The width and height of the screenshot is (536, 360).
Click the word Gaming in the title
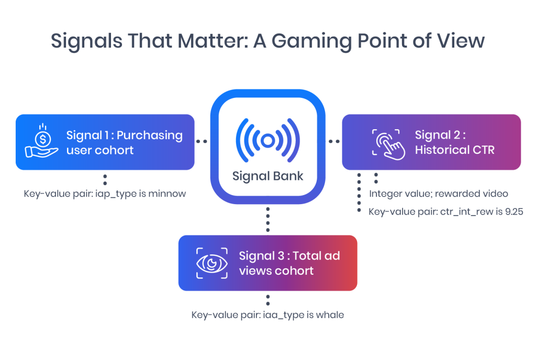point(311,42)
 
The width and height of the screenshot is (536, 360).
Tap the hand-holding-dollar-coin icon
point(42,140)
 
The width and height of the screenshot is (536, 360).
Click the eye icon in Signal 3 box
point(212,263)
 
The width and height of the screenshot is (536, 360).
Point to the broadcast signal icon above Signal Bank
point(267,140)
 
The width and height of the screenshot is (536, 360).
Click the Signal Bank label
point(267,176)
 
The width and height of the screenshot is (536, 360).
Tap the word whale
point(330,314)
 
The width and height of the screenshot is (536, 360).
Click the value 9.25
point(514,212)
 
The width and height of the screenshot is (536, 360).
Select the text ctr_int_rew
point(466,212)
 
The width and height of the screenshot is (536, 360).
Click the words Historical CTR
point(455,150)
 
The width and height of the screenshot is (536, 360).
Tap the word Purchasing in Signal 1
point(149,136)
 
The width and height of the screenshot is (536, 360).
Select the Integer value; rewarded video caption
point(439,194)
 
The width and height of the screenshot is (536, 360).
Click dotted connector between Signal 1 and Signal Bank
point(202,141)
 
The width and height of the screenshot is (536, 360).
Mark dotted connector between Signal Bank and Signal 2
point(334,141)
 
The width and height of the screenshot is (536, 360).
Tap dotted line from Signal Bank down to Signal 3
point(267,219)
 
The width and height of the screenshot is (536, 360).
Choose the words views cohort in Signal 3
point(276,271)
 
